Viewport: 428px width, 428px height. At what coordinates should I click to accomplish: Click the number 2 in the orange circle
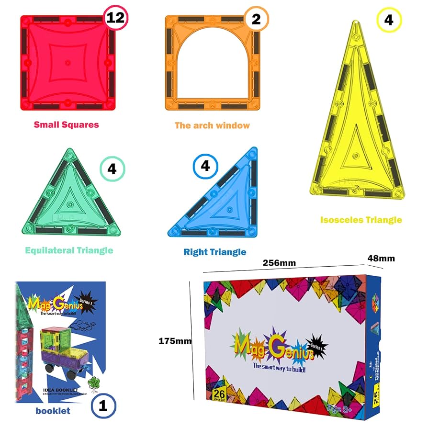tap(256, 20)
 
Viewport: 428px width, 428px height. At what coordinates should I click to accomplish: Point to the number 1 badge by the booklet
tap(103, 406)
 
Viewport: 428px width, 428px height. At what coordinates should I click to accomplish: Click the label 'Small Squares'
tap(66, 124)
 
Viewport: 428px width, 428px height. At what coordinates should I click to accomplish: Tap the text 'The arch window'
tap(212, 125)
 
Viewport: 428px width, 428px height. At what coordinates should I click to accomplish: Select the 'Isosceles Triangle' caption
tap(361, 220)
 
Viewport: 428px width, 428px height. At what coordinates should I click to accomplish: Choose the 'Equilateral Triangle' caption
tap(69, 250)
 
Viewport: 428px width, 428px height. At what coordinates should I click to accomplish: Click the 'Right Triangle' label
tap(215, 251)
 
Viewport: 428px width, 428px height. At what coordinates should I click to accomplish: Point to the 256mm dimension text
tap(279, 263)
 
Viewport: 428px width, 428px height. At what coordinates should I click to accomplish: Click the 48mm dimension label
tap(381, 259)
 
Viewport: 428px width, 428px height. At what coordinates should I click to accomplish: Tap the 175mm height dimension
tap(175, 341)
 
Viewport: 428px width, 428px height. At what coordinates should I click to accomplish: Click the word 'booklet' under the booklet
tap(53, 410)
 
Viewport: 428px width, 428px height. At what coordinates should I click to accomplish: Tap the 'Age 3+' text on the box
tap(339, 408)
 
